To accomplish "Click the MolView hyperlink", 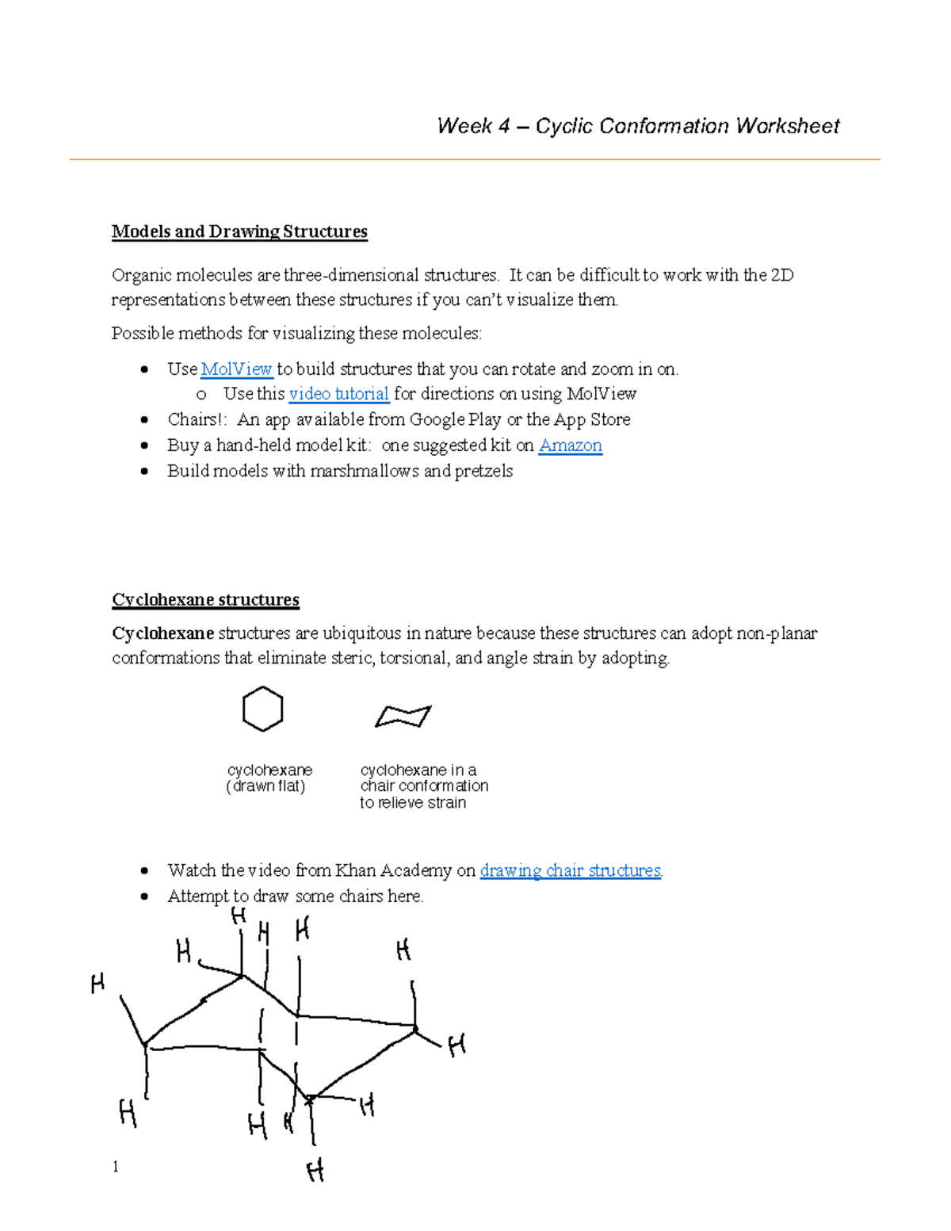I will click(x=236, y=369).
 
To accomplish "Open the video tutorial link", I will click(x=338, y=394).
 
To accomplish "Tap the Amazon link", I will click(x=570, y=445).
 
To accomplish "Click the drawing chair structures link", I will click(x=571, y=870).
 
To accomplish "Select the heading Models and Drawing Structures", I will click(x=239, y=231).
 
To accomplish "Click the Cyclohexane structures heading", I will click(x=205, y=599).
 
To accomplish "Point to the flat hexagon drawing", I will click(x=262, y=709).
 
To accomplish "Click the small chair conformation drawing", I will click(x=403, y=716).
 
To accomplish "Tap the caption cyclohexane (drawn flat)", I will click(x=269, y=778).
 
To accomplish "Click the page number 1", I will click(x=116, y=1166).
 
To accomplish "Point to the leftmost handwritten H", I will click(x=97, y=984).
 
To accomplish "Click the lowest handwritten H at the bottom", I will click(x=315, y=1171).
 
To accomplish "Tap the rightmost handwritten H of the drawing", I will click(x=456, y=1046).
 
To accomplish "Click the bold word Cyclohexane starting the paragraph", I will click(x=162, y=633).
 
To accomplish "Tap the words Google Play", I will click(x=455, y=419).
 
